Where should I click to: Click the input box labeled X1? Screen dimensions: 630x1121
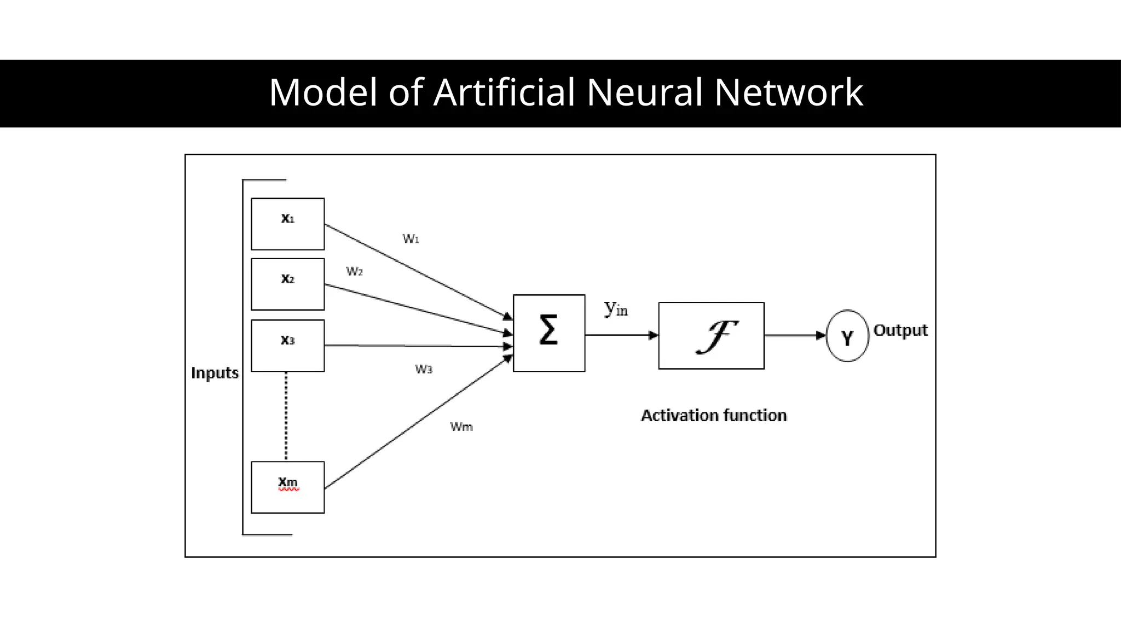point(287,224)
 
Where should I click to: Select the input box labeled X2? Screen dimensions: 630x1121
point(287,284)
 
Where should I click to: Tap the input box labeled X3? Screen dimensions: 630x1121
point(287,345)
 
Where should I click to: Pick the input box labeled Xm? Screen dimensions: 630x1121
point(287,487)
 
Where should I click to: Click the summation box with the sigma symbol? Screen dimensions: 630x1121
point(548,332)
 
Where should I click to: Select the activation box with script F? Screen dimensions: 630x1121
point(711,335)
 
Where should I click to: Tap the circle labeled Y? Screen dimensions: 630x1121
point(847,336)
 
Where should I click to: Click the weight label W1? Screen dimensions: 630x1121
point(411,239)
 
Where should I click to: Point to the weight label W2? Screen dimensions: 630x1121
point(354,271)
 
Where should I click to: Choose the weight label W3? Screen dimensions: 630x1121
point(423,369)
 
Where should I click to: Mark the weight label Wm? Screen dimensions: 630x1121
point(461,427)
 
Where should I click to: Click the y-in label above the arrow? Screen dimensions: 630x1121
point(616,309)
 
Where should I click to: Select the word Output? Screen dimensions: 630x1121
point(900,330)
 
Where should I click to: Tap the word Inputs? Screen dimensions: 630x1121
point(215,373)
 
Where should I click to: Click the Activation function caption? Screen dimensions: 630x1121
point(713,416)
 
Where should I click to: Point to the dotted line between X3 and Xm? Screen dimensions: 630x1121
point(286,416)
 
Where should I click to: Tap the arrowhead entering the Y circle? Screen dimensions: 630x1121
point(820,335)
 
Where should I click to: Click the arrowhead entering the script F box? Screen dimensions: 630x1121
point(653,335)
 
